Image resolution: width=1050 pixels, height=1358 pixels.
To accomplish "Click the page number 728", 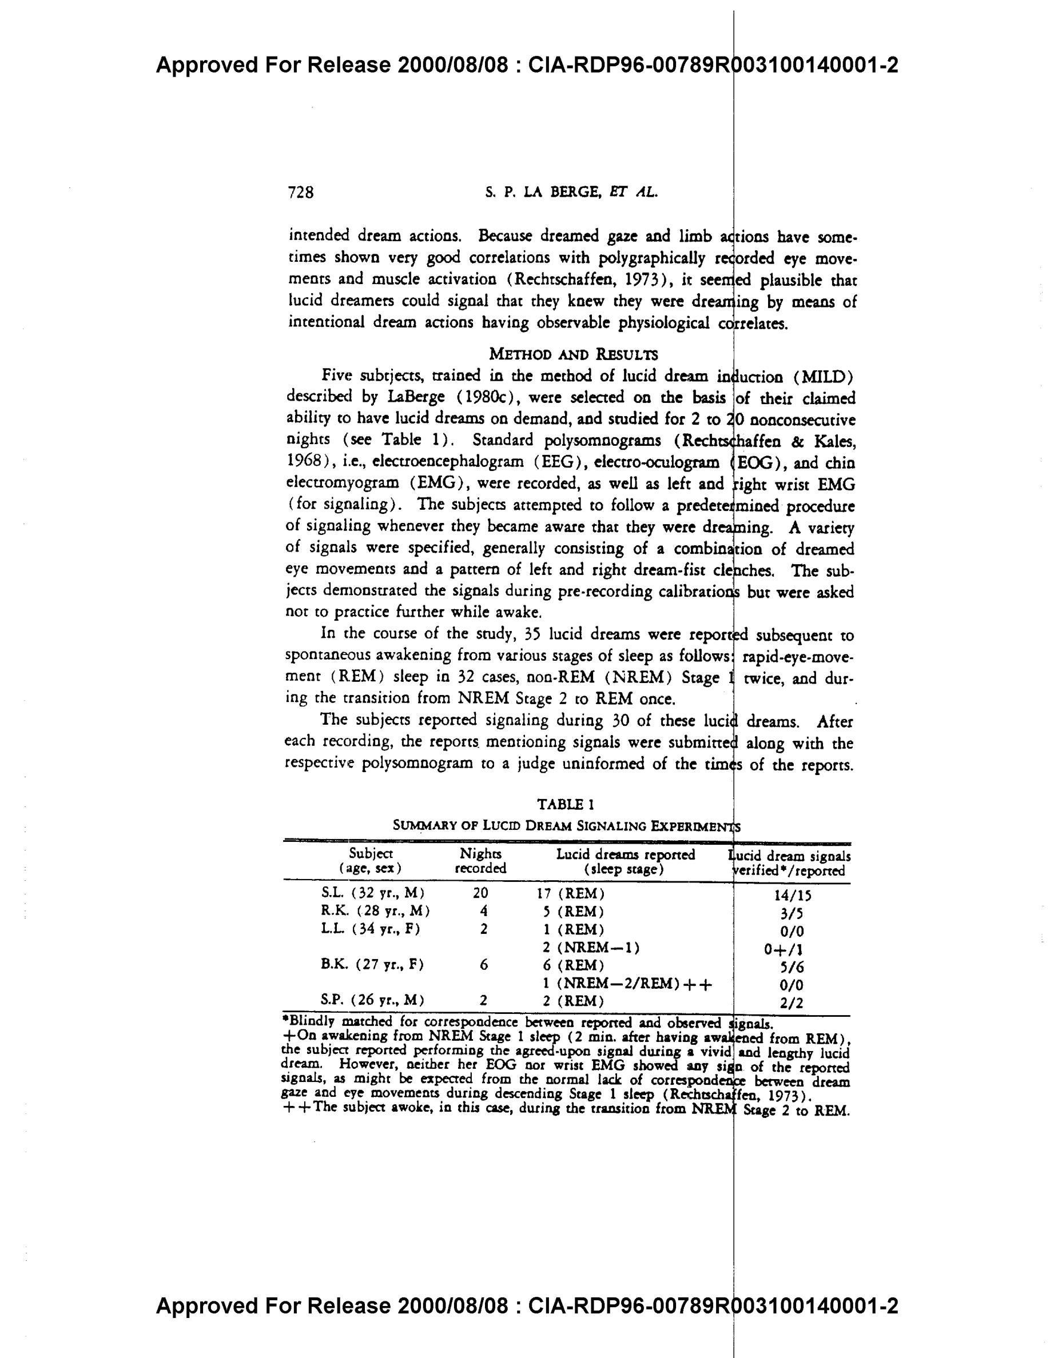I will coord(301,193).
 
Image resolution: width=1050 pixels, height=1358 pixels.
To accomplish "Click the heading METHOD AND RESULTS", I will coord(573,354).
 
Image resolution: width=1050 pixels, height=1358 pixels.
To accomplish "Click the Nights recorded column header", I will coord(480,861).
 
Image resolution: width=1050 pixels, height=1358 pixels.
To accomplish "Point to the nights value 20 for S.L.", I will coord(480,893).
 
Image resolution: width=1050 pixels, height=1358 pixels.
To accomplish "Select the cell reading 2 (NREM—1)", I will coord(591,948).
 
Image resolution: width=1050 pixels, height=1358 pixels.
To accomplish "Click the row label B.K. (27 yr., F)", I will coord(372,965).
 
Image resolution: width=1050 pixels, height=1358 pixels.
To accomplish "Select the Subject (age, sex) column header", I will coord(371,861).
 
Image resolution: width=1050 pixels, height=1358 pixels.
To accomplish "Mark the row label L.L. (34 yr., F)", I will coord(371,929).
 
